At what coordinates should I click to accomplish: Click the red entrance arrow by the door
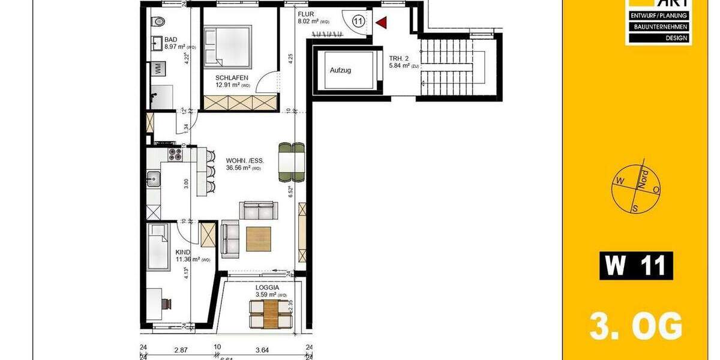click(381, 23)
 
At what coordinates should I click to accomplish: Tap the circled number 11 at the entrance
click(358, 22)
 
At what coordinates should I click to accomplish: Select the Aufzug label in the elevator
click(340, 70)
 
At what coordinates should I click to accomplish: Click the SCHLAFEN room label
click(231, 77)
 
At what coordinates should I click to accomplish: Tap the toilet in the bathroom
click(158, 22)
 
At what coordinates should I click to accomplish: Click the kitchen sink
click(153, 178)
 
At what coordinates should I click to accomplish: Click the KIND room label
click(182, 252)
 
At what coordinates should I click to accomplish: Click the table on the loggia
click(271, 314)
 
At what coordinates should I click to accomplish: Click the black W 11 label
click(636, 266)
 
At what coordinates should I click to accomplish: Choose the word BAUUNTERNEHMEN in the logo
click(659, 27)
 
